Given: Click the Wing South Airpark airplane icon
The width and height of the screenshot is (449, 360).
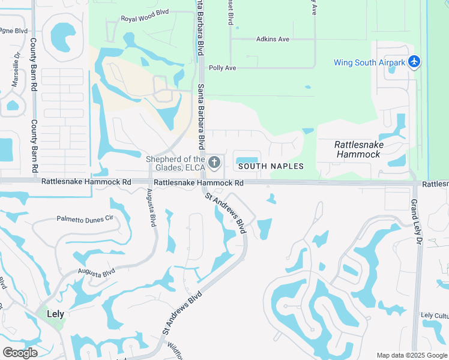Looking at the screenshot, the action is [414, 62].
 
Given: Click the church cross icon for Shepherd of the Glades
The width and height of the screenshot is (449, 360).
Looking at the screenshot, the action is [215, 162].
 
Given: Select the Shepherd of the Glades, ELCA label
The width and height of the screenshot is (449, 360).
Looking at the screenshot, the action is [176, 163].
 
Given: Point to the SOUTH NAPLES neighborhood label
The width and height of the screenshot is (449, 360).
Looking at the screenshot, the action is [271, 166].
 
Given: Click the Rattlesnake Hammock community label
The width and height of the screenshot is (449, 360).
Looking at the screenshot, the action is [358, 149].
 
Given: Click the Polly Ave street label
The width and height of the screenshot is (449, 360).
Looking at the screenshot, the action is [222, 68].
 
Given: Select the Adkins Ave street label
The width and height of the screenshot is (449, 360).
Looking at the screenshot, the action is [273, 40].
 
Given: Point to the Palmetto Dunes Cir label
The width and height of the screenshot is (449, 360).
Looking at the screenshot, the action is [85, 219].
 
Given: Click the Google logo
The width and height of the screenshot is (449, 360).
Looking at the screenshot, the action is [20, 353].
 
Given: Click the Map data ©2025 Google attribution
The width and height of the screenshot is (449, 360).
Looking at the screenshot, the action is [412, 355].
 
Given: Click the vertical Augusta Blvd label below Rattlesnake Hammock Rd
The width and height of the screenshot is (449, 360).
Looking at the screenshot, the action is [151, 208].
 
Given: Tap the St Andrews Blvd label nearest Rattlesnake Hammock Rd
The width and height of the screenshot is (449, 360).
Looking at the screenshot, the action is [226, 212].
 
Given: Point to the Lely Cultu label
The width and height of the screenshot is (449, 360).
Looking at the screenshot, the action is [434, 315].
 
